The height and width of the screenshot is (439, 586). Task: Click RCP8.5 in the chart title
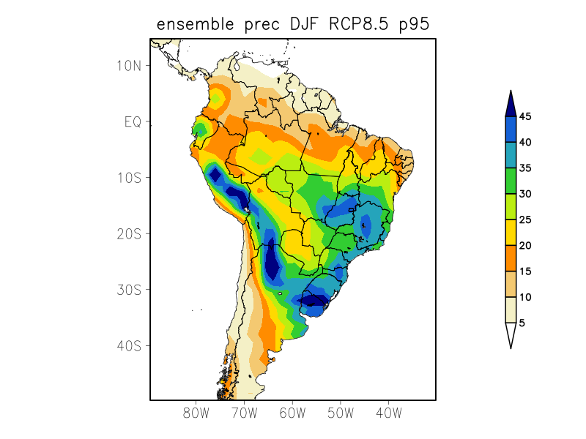[346, 25]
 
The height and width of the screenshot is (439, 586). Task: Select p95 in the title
[412, 26]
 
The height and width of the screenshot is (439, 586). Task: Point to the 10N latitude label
[129, 66]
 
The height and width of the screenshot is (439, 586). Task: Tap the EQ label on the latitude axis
[133, 121]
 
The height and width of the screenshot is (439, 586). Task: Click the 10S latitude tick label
[129, 178]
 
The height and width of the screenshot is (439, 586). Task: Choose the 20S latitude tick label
[129, 234]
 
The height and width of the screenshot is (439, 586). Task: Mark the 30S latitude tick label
[129, 290]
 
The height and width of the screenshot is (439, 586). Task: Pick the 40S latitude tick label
[129, 345]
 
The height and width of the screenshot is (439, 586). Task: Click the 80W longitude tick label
[196, 413]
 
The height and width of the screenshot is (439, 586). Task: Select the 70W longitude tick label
[244, 413]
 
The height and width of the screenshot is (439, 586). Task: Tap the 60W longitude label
[292, 413]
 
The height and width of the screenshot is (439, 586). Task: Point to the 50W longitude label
[340, 413]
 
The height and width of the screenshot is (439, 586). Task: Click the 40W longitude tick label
[388, 413]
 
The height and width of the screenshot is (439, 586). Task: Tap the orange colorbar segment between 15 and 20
[511, 258]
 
